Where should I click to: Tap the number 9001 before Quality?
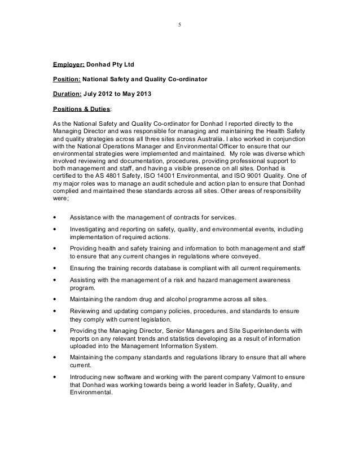tap(245, 175)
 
